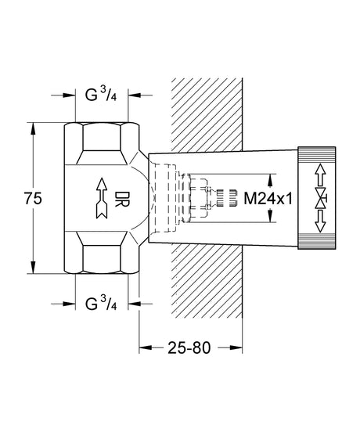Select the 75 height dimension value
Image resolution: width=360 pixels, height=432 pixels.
coord(33,199)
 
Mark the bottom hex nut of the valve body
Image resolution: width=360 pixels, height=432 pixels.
coord(102,257)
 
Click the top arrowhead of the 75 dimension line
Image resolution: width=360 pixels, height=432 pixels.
coord(33,128)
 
